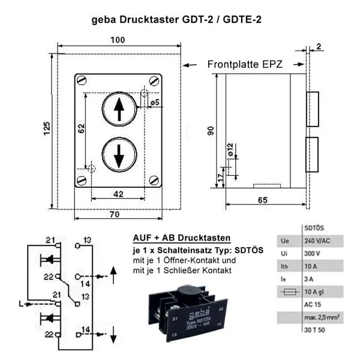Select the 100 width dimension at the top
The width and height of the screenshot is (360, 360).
118,40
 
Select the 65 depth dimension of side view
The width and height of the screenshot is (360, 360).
262,200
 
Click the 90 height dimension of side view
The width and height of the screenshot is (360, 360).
211,131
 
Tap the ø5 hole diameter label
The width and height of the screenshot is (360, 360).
154,103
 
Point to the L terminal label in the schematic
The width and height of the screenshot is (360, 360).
21,304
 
